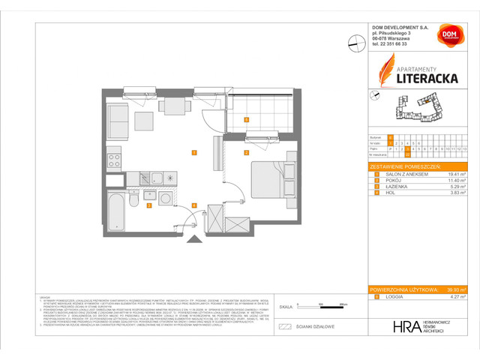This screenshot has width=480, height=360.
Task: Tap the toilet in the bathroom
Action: tap(133, 199)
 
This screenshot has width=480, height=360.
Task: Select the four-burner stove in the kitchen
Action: tap(115, 160)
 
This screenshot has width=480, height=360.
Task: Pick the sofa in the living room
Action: tap(118, 117)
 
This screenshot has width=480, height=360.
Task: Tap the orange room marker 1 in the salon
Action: tap(193, 153)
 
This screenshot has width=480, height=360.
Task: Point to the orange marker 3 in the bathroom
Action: tap(149, 205)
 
